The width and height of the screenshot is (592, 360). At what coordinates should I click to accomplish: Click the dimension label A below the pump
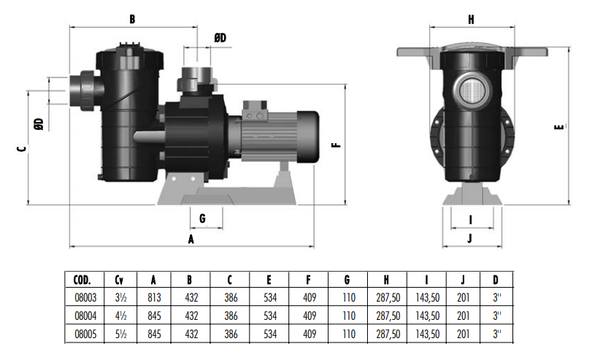191,239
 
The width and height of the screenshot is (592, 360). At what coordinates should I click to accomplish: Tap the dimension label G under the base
202,218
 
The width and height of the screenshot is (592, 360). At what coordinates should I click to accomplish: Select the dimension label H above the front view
471,20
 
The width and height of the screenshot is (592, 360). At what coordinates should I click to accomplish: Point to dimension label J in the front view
470,238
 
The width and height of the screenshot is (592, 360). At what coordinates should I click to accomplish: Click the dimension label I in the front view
470,220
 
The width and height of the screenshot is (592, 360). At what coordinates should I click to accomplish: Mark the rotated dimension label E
559,126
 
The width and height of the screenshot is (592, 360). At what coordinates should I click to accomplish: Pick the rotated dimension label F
336,145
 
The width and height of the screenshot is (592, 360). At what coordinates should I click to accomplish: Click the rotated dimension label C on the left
22,148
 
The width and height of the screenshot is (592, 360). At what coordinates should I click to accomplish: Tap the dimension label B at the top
132,19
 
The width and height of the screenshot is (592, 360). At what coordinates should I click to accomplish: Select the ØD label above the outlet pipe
220,38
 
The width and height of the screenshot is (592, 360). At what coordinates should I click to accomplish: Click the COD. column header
82,280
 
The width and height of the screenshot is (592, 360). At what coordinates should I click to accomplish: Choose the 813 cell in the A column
154,298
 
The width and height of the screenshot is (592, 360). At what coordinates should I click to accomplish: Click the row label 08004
85,315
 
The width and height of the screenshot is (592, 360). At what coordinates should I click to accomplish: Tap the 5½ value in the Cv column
121,334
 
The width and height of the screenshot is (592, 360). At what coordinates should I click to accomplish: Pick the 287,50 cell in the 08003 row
388,298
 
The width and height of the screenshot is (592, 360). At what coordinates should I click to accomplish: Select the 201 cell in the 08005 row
463,334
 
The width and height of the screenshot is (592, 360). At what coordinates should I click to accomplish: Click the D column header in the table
496,280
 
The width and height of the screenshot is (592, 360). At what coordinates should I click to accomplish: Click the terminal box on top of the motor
255,110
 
